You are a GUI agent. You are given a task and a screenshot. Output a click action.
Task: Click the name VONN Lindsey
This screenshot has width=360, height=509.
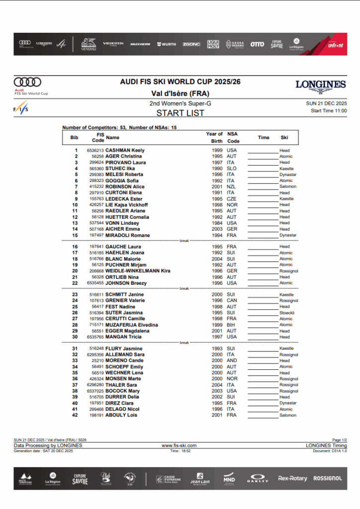(122, 223)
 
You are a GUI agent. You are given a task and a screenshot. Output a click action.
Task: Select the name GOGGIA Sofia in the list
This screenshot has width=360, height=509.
(122, 180)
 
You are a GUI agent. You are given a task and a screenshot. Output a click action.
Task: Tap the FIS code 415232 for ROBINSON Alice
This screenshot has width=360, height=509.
(96, 186)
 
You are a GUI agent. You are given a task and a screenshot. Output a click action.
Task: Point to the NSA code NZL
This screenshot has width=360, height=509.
(231, 186)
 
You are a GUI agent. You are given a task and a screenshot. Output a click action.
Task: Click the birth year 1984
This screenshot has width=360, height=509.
(217, 223)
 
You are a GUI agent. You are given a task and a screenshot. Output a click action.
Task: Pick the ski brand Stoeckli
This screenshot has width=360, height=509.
(286, 313)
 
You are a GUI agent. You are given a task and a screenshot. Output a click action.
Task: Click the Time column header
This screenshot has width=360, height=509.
(264, 138)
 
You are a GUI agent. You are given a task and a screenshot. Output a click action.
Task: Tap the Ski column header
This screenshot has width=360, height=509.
(284, 138)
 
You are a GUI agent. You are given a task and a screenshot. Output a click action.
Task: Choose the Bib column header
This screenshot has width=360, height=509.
(75, 138)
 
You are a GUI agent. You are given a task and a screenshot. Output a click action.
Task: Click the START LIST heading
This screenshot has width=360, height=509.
(180, 113)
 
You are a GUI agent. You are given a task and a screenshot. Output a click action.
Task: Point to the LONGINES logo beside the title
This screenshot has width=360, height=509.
(320, 85)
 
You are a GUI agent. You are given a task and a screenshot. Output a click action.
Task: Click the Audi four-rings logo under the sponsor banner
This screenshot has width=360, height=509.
(27, 82)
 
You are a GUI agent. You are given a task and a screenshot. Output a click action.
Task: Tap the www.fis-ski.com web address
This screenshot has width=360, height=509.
(179, 446)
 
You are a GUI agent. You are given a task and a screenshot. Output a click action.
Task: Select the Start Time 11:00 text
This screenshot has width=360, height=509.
(329, 110)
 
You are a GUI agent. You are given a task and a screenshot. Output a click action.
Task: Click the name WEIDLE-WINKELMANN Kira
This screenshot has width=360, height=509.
(138, 271)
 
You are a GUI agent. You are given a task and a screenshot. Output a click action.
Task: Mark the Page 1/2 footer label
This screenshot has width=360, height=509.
(340, 440)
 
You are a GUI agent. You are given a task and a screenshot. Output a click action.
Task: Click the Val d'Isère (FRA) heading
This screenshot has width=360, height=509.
(180, 93)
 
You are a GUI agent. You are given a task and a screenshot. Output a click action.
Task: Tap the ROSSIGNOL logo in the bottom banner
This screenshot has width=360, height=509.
(328, 478)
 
